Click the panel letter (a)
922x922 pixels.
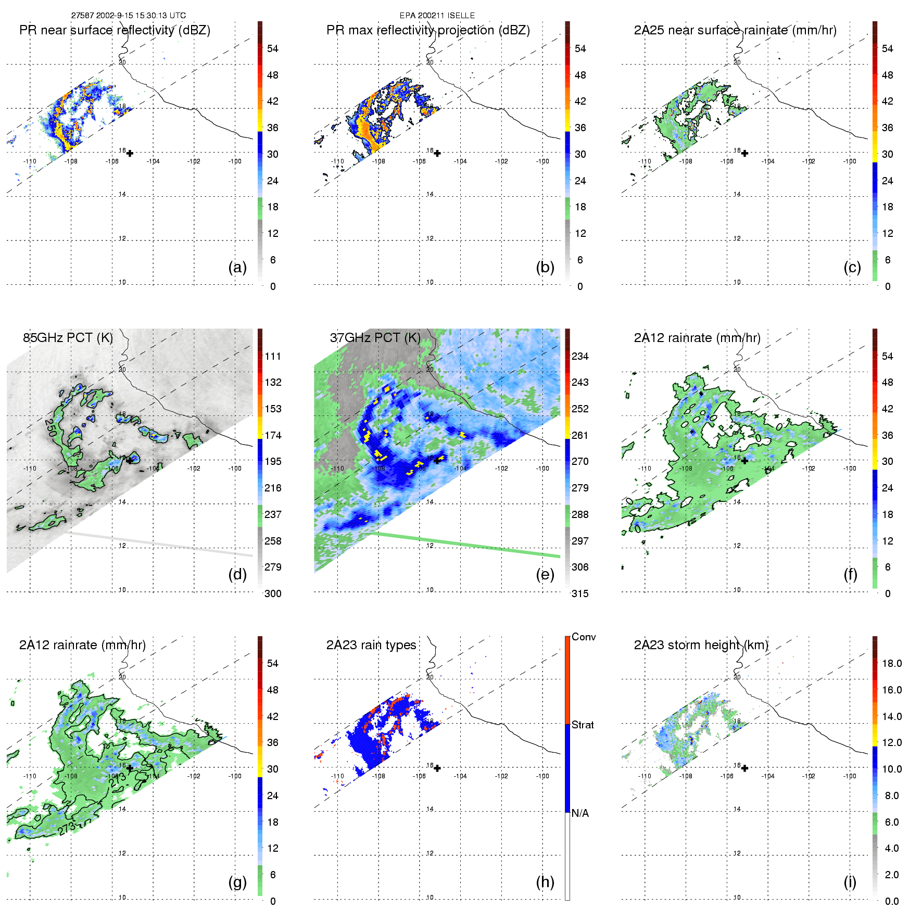pyautogui.click(x=237, y=268)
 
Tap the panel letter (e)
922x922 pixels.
pyautogui.click(x=545, y=575)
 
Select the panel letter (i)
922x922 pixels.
pyautogui.click(x=850, y=882)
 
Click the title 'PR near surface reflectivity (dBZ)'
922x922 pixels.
pyautogui.click(x=115, y=30)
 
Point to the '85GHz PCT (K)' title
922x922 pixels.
pyautogui.click(x=68, y=337)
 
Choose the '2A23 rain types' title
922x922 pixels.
pyautogui.click(x=371, y=645)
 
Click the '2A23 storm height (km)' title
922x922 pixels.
pyautogui.click(x=701, y=645)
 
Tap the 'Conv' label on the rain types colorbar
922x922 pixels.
pyautogui.click(x=584, y=637)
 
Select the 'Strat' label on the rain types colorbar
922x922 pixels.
pyautogui.click(x=583, y=725)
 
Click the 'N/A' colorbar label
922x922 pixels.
pyautogui.click(x=580, y=813)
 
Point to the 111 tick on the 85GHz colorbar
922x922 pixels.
pyautogui.click(x=273, y=356)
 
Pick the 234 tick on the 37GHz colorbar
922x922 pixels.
pyautogui.click(x=580, y=356)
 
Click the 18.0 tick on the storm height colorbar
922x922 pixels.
pyautogui.click(x=892, y=663)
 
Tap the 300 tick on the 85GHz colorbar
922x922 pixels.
pyautogui.click(x=273, y=593)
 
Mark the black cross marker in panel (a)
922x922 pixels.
pyautogui.click(x=130, y=153)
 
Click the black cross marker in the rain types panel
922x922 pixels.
pyautogui.click(x=437, y=768)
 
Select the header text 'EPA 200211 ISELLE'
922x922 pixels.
pyautogui.click(x=437, y=16)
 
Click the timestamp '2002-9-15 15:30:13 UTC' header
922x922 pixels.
pyautogui.click(x=141, y=16)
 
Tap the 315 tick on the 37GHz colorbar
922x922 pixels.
pyautogui.click(x=580, y=593)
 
